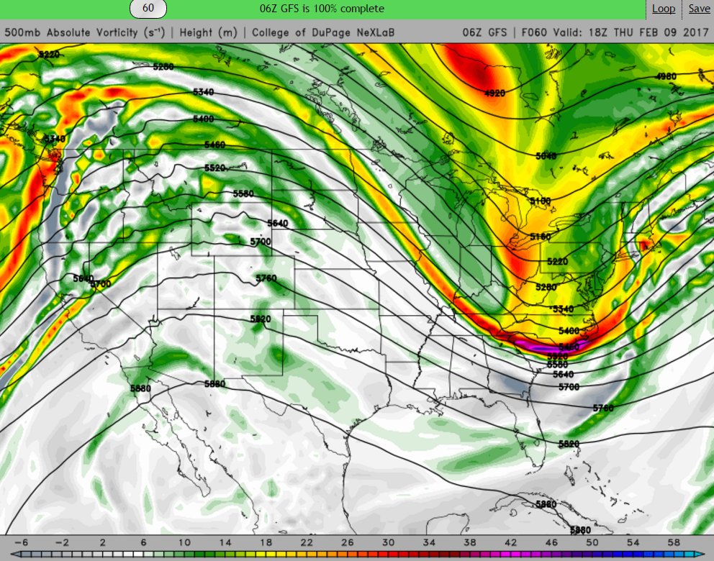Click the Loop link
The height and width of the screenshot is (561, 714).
pyautogui.click(x=664, y=9)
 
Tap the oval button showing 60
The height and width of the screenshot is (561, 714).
pyautogui.click(x=148, y=9)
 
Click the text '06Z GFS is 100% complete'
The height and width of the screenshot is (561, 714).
pyautogui.click(x=322, y=9)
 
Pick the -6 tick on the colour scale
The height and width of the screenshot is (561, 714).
pyautogui.click(x=21, y=542)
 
